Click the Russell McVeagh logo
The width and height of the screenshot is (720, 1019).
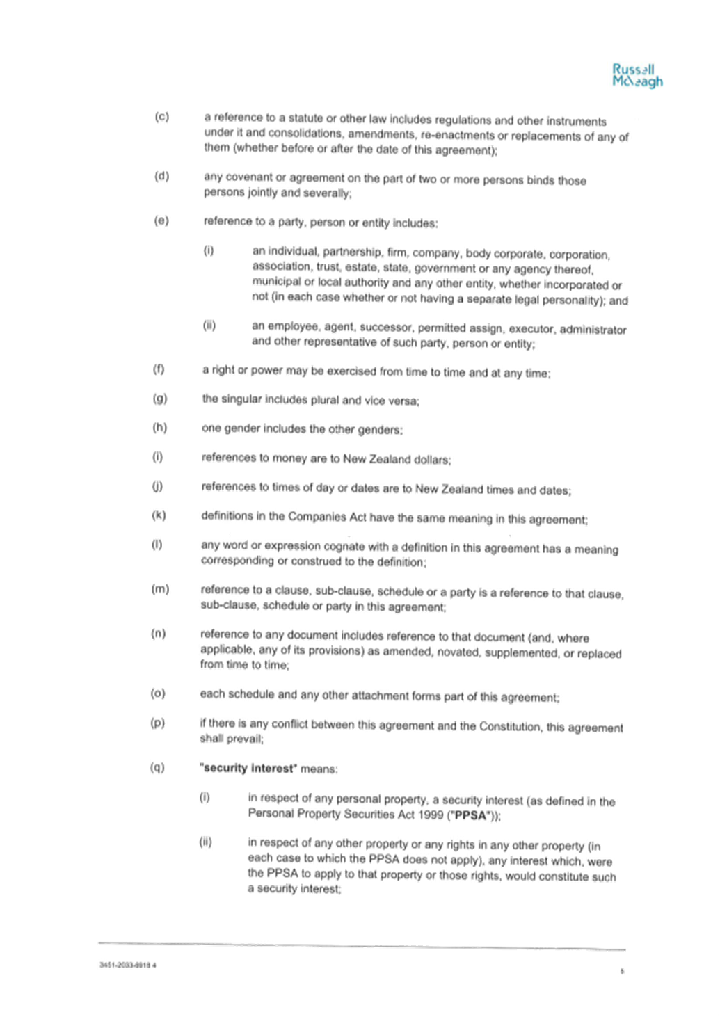(637, 76)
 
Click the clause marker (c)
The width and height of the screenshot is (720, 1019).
(162, 117)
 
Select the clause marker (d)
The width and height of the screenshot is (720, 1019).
(162, 176)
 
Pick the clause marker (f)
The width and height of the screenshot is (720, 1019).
(159, 369)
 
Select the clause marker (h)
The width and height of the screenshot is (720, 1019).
(159, 428)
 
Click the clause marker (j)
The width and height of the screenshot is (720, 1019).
(157, 486)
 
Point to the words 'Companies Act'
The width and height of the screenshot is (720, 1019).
(327, 517)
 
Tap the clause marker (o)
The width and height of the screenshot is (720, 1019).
(158, 693)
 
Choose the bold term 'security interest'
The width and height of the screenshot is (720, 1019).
(248, 769)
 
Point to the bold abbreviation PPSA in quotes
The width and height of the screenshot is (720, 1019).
(470, 816)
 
